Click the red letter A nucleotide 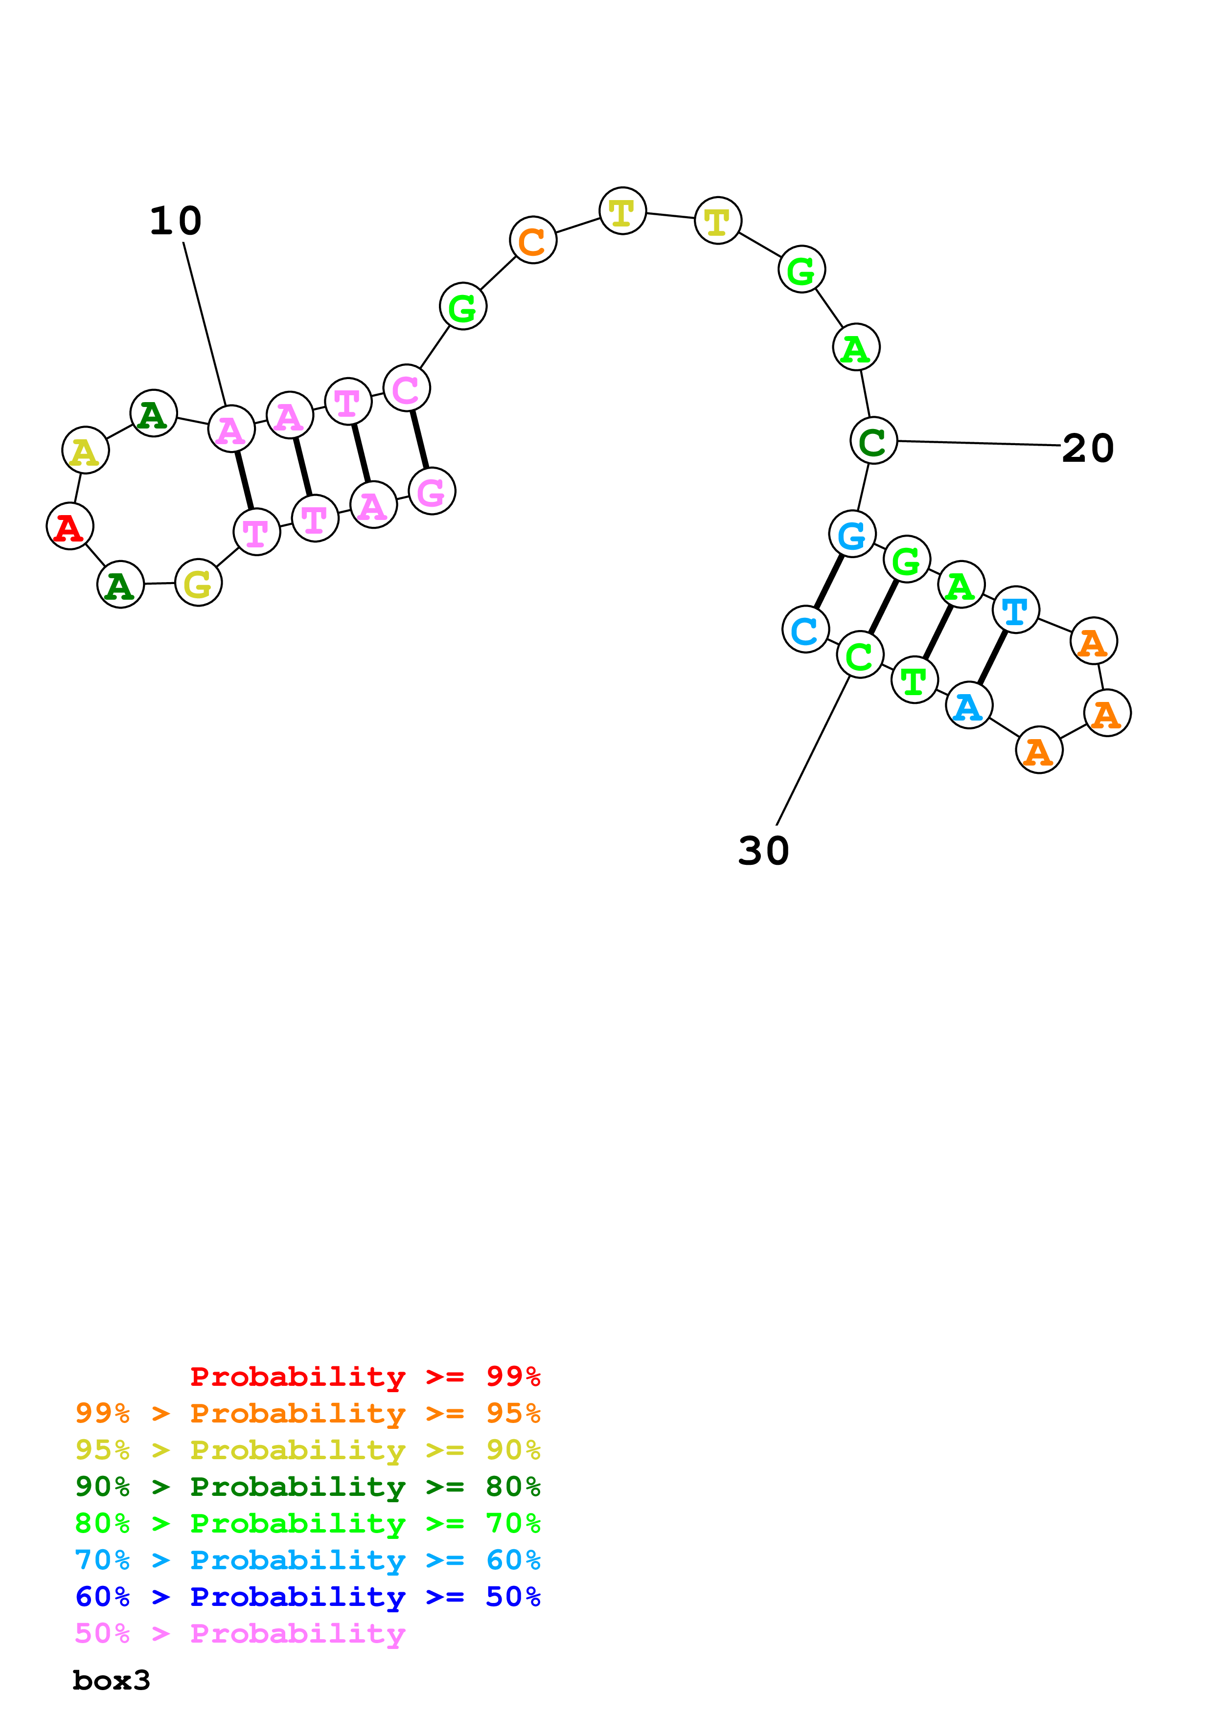coord(69,526)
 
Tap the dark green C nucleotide coord(873,440)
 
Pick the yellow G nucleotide coord(198,583)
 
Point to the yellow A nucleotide coord(85,450)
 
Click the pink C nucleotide coord(407,388)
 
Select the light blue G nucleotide coord(852,534)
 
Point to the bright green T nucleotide coord(914,680)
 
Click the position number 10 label coord(176,221)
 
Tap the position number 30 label coord(763,851)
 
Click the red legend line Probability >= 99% coord(365,1377)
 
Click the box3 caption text coord(112,1681)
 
